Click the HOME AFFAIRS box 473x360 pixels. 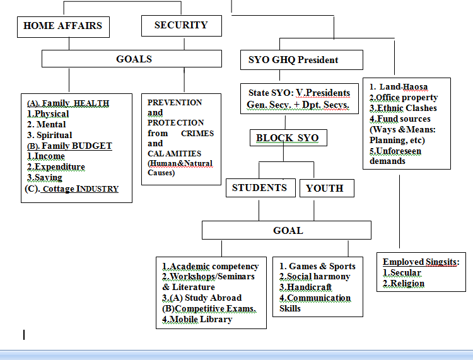click(x=63, y=27)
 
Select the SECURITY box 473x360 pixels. click(x=182, y=26)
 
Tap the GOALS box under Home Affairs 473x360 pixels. click(x=132, y=59)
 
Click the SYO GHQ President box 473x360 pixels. click(x=301, y=60)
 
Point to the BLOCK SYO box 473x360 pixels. click(x=288, y=138)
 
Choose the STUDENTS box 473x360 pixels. click(x=260, y=188)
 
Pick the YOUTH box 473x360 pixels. click(x=327, y=188)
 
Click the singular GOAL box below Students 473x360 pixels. click(x=286, y=230)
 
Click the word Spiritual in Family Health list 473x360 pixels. click(x=54, y=135)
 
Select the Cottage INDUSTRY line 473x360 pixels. click(x=72, y=189)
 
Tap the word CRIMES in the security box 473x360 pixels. click(x=197, y=133)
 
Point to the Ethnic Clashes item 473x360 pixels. click(x=404, y=108)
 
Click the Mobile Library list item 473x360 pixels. click(x=197, y=319)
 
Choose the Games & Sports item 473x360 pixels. click(x=317, y=266)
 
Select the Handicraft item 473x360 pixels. click(x=306, y=287)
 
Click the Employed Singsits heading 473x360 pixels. click(x=421, y=262)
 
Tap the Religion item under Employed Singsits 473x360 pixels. click(x=404, y=284)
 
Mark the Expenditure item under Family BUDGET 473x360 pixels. click(x=56, y=166)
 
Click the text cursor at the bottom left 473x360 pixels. click(x=24, y=335)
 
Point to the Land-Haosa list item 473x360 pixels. click(x=399, y=87)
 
